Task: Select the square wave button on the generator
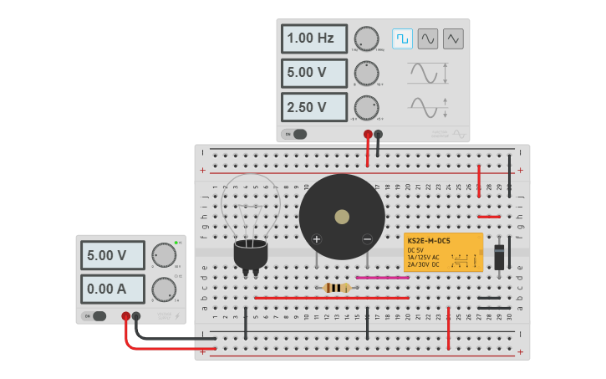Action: click(403, 38)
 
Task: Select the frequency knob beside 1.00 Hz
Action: click(365, 38)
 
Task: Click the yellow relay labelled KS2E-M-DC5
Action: click(443, 252)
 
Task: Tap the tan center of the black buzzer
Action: click(342, 218)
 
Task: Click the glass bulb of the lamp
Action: click(250, 206)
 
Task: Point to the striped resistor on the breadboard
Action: click(336, 288)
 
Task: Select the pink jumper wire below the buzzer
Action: click(382, 278)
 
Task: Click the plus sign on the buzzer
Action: click(317, 239)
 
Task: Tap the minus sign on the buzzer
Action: click(367, 239)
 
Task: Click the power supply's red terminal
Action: click(125, 316)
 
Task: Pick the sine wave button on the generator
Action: click(428, 38)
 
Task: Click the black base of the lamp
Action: click(250, 254)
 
